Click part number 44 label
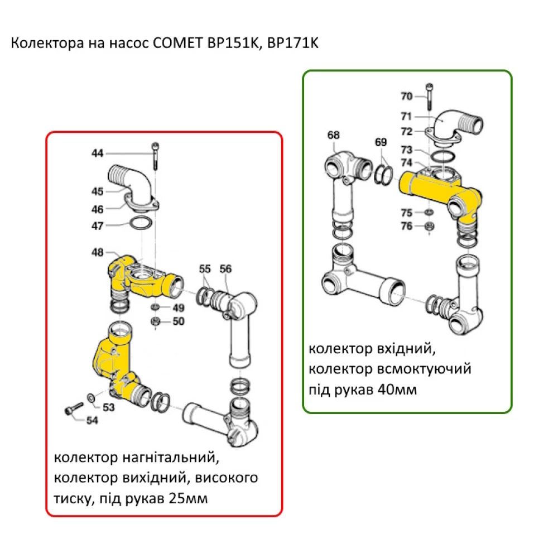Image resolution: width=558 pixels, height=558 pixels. [98, 153]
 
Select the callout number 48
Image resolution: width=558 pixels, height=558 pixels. [98, 253]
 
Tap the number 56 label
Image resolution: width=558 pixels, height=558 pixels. [225, 268]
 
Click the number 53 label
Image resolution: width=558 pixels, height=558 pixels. [108, 407]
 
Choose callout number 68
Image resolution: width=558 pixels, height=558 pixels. [333, 135]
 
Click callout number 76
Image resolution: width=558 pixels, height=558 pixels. [406, 226]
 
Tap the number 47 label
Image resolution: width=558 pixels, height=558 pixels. [98, 226]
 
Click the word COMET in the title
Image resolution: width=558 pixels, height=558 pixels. [172, 44]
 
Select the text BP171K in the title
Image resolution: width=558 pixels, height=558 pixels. [292, 44]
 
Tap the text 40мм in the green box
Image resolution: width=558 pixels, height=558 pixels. [397, 389]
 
